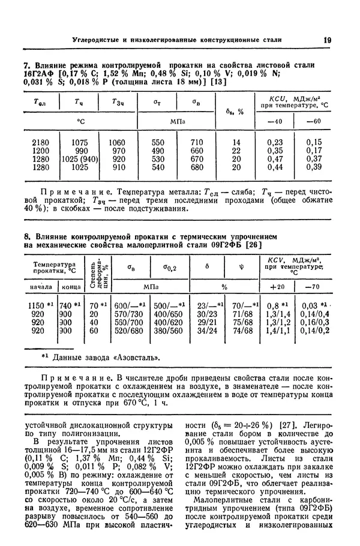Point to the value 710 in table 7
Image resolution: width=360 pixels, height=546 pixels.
point(197,142)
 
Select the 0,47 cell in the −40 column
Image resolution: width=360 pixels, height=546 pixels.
point(275,160)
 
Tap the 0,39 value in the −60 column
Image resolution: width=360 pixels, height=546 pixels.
point(313,168)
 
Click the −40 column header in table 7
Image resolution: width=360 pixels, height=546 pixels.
point(275,122)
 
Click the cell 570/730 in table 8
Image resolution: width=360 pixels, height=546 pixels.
point(129,313)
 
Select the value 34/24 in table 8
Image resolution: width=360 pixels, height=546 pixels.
point(207,330)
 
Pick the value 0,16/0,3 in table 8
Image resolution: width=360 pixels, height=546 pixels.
point(314,322)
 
